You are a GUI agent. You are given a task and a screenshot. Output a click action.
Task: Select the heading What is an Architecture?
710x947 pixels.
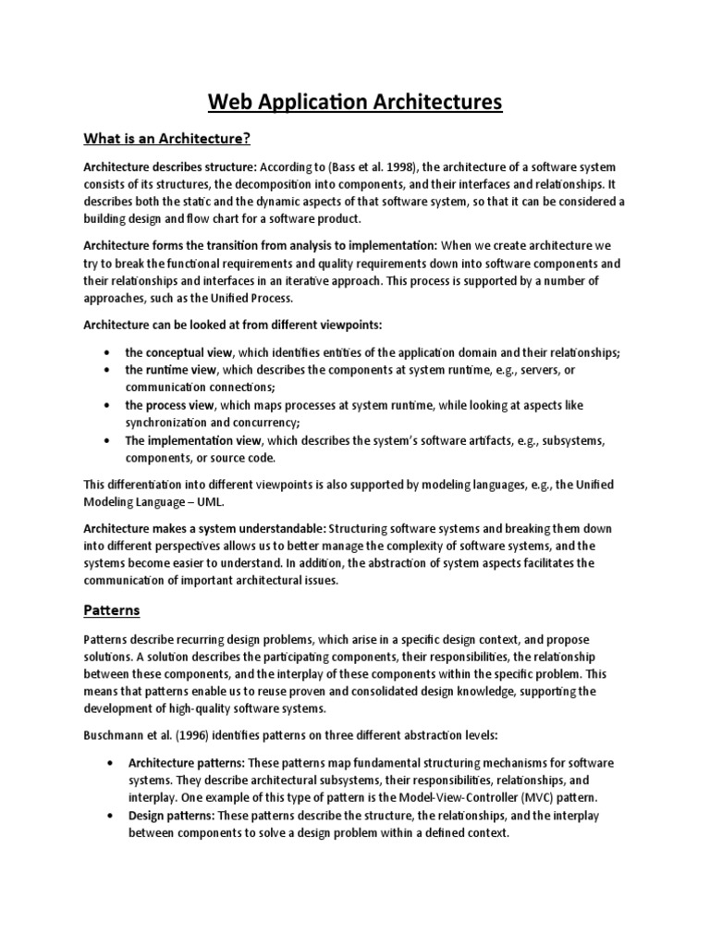pos(166,140)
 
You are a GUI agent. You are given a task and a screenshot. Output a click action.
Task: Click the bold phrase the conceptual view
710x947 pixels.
pos(180,352)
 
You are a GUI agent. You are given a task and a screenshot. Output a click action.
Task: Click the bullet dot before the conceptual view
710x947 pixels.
pos(110,352)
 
